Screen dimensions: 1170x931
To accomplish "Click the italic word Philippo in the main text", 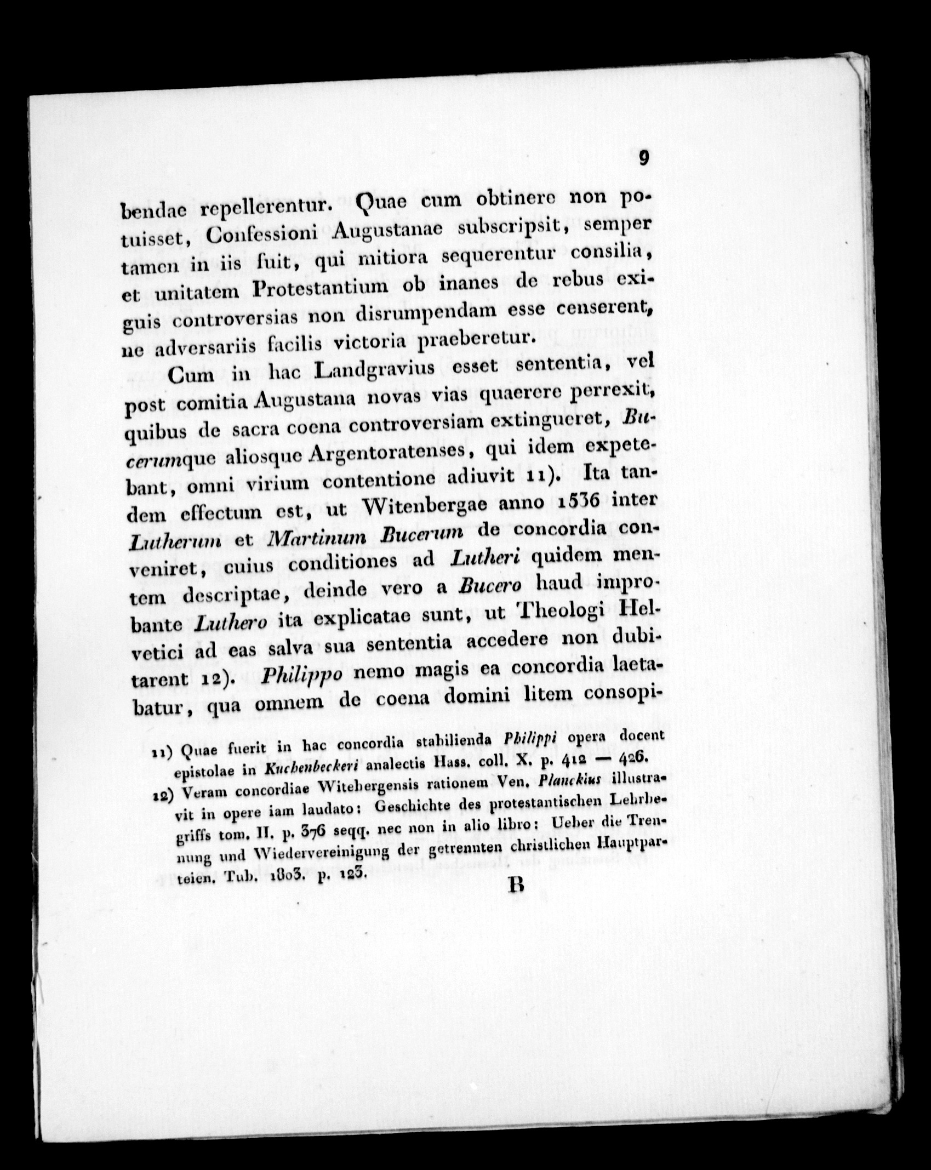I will coord(302,675).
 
